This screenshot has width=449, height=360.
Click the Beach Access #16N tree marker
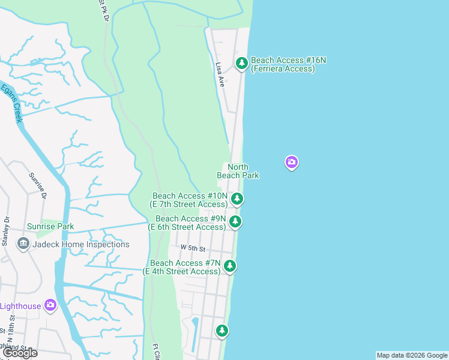coord(241,62)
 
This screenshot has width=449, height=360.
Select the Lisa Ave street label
coord(220,76)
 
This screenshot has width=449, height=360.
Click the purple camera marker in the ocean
coord(292,162)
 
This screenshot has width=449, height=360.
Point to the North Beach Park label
coord(238,171)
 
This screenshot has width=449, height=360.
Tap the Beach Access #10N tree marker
coord(238,198)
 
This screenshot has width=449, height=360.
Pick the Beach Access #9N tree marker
coord(236,221)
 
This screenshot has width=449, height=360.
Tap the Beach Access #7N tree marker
coord(229,266)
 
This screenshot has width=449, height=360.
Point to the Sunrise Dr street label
coord(37,185)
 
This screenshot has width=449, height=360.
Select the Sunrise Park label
coord(50,227)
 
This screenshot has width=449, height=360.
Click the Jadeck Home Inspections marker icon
coord(23,244)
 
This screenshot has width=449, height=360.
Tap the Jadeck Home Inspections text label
coord(81,244)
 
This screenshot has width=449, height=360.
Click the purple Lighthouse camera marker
coord(50,305)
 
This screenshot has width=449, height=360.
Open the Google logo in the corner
coord(20,353)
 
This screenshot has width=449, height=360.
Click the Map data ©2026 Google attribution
coord(412,355)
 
